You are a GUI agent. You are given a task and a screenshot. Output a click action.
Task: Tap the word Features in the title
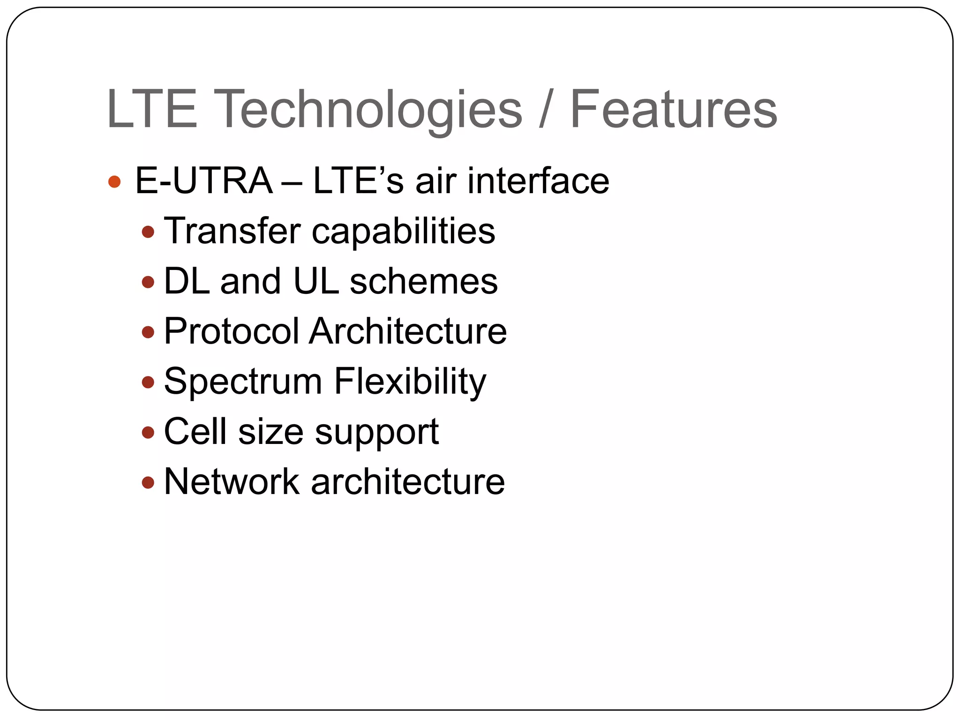[674, 110]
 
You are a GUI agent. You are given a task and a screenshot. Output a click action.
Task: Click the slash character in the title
[545, 110]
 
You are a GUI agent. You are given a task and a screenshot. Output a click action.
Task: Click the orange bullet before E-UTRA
[114, 182]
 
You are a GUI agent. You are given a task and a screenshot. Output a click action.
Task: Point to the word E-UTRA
[203, 181]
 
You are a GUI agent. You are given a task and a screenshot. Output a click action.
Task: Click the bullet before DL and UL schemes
[148, 282]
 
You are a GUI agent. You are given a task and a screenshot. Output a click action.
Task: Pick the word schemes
[424, 282]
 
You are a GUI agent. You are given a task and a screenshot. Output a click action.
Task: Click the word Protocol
[232, 331]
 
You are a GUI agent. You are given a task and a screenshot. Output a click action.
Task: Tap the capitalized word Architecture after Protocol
[408, 331]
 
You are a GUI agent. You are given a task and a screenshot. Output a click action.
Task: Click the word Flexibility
[410, 382]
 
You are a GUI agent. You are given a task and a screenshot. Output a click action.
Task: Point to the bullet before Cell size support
[148, 432]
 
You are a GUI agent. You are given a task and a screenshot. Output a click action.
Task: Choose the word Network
[232, 482]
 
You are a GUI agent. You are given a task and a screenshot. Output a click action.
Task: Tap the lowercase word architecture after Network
[408, 482]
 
